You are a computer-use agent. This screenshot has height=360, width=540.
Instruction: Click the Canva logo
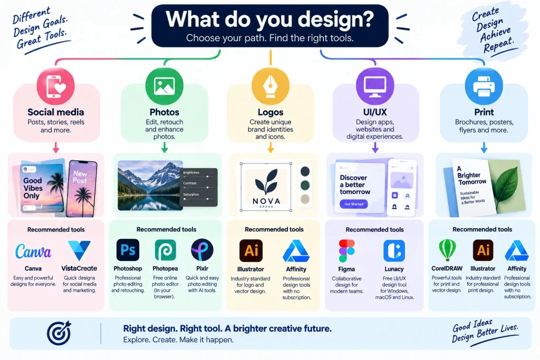(x=33, y=251)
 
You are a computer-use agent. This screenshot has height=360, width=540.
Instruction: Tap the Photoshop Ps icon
(x=128, y=250)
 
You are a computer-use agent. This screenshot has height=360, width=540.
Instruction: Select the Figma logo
(x=346, y=251)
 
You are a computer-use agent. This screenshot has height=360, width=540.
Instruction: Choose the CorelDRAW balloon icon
(x=447, y=250)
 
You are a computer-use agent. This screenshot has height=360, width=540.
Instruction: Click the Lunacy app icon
(x=394, y=251)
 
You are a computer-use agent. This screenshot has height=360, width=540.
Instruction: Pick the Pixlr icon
(x=202, y=250)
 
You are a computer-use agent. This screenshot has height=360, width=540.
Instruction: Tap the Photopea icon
(x=165, y=250)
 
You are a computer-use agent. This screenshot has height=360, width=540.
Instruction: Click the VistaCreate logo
(x=79, y=250)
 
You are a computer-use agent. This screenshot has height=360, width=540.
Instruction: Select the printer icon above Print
(x=484, y=86)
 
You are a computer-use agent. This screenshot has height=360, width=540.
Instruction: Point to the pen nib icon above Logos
(x=271, y=86)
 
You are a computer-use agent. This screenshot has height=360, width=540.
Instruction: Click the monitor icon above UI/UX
(x=375, y=86)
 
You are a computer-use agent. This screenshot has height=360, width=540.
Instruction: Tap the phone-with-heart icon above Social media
(x=56, y=86)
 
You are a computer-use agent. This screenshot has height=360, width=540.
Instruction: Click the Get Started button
(x=354, y=204)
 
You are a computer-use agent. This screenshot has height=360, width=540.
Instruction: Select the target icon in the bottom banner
(x=59, y=333)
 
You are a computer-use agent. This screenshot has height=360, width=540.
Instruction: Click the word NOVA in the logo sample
(x=266, y=201)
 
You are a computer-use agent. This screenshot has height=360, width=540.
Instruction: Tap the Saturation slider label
(x=191, y=194)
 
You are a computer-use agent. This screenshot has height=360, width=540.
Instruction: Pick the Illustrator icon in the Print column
(x=483, y=250)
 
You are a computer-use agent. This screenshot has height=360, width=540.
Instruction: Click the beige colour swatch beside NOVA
(x=305, y=199)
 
